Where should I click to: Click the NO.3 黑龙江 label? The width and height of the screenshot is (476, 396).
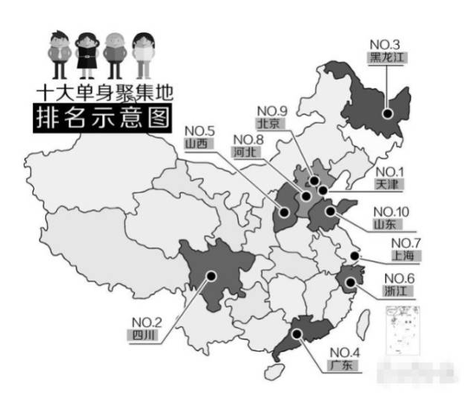tap(386, 52)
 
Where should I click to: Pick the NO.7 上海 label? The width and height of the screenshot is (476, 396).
tap(404, 250)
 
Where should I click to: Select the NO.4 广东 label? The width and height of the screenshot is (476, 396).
tap(344, 359)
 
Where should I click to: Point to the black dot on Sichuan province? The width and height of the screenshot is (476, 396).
tap(210, 276)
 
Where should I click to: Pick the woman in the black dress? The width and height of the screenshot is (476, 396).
tap(87, 54)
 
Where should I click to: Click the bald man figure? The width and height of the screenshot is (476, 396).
tap(115, 54)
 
